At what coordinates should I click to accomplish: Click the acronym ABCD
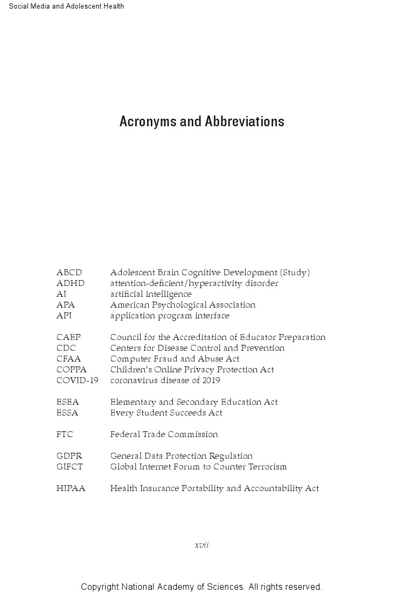point(69,273)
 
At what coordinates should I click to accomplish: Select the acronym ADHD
point(70,283)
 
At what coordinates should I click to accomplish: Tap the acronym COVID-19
point(77,380)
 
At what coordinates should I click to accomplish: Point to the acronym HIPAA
point(71,488)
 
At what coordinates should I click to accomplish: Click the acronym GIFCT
point(69,467)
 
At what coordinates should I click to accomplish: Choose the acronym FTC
point(65,434)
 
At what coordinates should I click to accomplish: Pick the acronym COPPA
point(71,370)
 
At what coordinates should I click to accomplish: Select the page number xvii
point(201,545)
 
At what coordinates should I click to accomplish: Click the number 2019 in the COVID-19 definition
point(211,380)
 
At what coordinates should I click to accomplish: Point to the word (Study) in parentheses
point(295,273)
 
